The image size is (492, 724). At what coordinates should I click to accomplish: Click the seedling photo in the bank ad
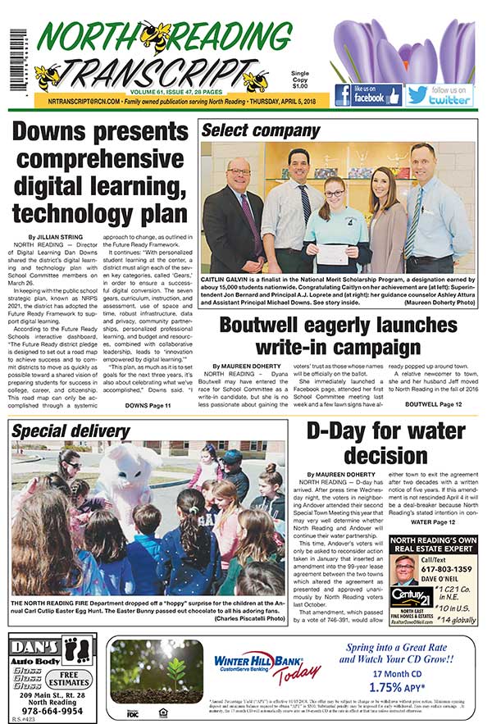[155, 667]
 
